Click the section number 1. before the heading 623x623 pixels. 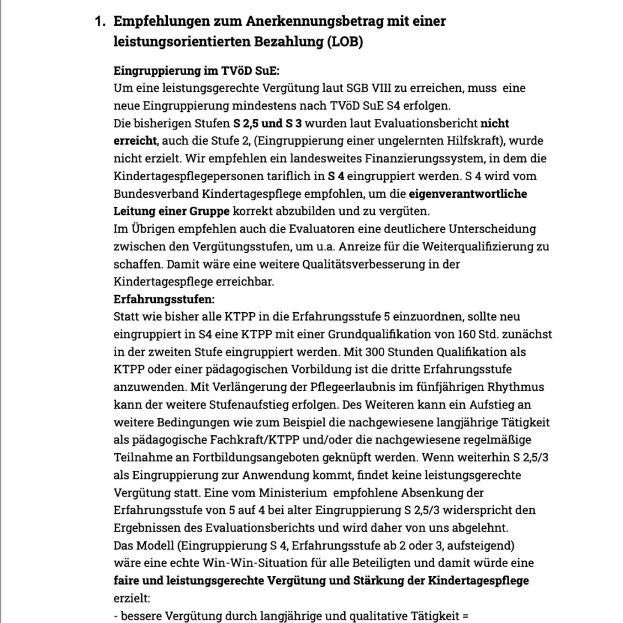100,21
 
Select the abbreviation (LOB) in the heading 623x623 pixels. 345,42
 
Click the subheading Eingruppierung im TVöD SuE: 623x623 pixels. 196,71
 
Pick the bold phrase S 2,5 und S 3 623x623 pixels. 267,123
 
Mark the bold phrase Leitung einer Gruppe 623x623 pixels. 171,211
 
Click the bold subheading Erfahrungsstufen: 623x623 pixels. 164,299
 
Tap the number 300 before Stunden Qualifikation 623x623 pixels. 374,352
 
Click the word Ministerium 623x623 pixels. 293,493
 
